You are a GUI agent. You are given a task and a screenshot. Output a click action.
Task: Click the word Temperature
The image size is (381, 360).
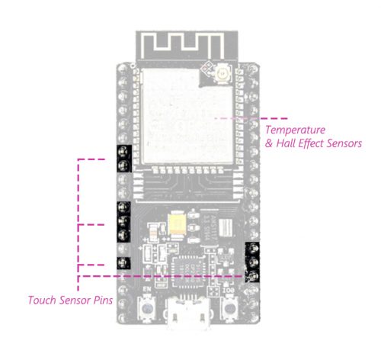point(296,130)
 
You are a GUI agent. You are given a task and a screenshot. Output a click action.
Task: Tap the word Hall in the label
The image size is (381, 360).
point(286,143)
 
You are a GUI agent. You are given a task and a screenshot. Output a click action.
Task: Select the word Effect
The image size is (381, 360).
point(311,143)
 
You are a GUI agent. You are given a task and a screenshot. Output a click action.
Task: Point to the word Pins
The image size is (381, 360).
point(103,301)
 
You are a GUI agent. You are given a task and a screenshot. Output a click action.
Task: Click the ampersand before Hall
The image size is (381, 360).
point(269,143)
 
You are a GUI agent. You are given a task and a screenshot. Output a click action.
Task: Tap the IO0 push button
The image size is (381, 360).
point(230,309)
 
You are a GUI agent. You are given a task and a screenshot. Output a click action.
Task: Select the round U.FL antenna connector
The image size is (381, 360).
point(223,74)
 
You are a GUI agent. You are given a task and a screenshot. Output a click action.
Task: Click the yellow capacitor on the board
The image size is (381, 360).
point(177,223)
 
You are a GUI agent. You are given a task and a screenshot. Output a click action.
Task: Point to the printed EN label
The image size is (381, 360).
point(147,289)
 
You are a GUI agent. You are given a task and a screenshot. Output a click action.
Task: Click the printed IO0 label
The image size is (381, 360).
point(228,290)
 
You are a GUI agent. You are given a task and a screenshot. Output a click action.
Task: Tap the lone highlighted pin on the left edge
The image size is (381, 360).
point(123,263)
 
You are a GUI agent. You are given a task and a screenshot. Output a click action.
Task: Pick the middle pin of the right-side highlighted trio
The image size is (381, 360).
point(252,262)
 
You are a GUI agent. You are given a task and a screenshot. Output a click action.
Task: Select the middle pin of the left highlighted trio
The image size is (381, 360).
point(123,221)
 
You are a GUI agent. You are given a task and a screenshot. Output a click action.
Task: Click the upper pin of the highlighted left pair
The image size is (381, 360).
point(123,152)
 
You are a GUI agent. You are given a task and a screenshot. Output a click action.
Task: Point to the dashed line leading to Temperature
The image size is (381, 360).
point(251,118)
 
